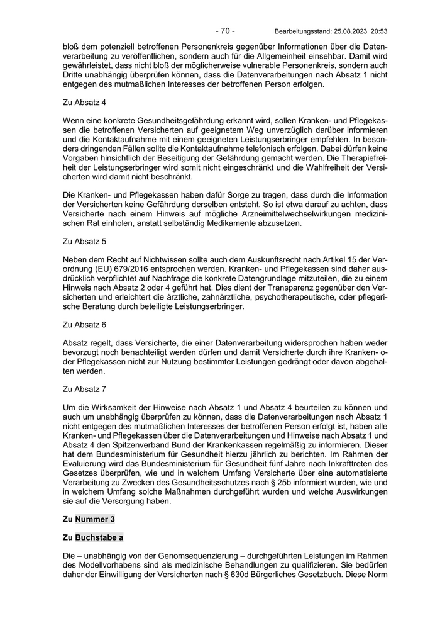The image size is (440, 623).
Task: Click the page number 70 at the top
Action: pyautogui.click(x=224, y=30)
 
